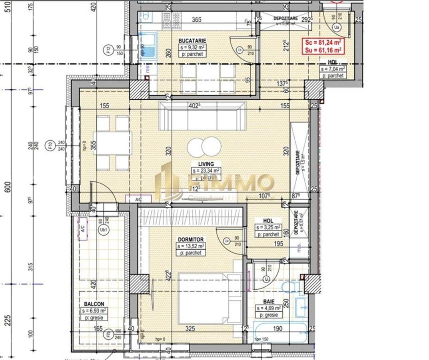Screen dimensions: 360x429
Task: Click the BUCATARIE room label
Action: point(192,40)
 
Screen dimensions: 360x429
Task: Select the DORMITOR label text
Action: point(191,239)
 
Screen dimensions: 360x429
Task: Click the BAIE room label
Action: point(269,302)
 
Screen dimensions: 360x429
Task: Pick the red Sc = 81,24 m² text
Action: point(323,42)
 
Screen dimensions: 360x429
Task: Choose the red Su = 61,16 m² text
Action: point(323,50)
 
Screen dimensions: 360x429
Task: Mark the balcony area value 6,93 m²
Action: point(94,310)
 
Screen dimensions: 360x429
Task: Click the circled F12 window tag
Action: point(108,50)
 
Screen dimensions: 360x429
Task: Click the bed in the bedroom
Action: point(208,298)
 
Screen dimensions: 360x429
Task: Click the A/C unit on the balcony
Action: point(83,229)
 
